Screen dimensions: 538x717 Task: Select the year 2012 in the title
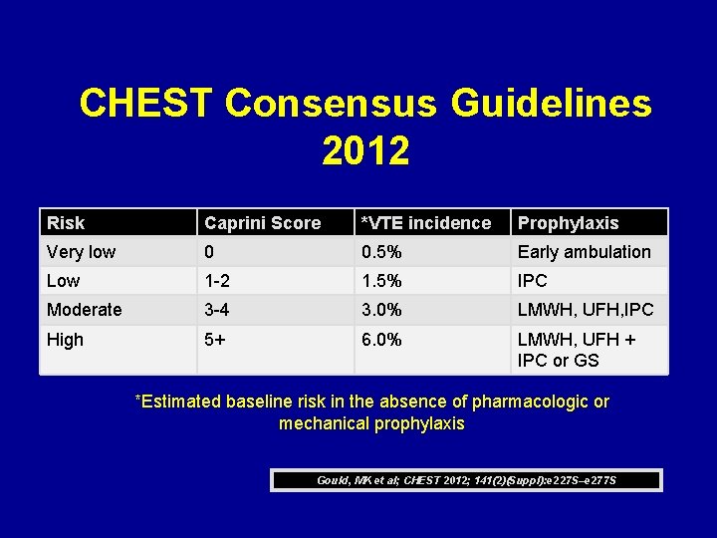pyautogui.click(x=365, y=151)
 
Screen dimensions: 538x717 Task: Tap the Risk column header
pyautogui.click(x=66, y=223)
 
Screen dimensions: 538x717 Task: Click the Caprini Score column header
pyautogui.click(x=262, y=223)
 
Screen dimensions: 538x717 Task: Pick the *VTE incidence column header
pyautogui.click(x=425, y=223)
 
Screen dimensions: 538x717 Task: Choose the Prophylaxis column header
pyautogui.click(x=568, y=223)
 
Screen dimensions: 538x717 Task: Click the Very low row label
pyautogui.click(x=81, y=252)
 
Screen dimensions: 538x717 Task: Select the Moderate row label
pyautogui.click(x=84, y=310)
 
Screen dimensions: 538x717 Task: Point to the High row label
pyautogui.click(x=65, y=340)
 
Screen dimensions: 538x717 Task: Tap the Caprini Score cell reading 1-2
pyautogui.click(x=219, y=281)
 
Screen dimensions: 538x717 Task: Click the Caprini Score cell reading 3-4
pyautogui.click(x=219, y=310)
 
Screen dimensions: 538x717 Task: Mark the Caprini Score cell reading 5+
pyautogui.click(x=215, y=340)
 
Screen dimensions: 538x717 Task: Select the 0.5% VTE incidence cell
pyautogui.click(x=381, y=252)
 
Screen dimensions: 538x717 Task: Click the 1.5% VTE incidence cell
pyautogui.click(x=381, y=281)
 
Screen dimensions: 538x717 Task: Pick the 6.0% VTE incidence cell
pyautogui.click(x=381, y=340)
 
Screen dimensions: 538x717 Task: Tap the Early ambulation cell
pyautogui.click(x=584, y=252)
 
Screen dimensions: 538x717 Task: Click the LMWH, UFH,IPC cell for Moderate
pyautogui.click(x=585, y=310)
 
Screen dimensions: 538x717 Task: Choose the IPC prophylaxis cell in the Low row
pyautogui.click(x=532, y=281)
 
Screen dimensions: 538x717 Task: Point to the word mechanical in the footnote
pyautogui.click(x=325, y=423)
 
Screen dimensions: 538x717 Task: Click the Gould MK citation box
pyautogui.click(x=466, y=480)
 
